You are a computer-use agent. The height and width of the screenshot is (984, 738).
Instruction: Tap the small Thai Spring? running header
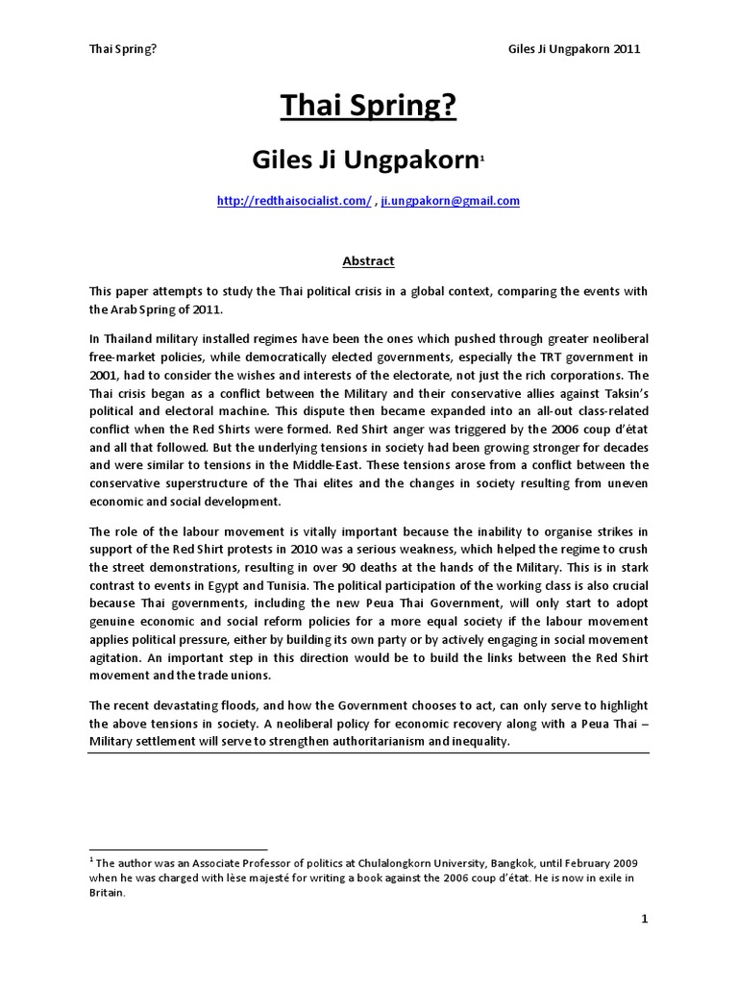122,49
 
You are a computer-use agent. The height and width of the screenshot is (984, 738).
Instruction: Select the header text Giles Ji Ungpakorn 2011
573,49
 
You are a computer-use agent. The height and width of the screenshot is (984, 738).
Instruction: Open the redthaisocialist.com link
294,201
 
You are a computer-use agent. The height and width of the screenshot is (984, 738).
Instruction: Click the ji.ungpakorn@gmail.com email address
451,201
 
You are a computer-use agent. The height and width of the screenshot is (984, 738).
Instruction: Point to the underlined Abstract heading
369,260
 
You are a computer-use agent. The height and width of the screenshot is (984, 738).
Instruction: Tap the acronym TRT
526,358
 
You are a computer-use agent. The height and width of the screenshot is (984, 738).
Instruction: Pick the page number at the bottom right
646,920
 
